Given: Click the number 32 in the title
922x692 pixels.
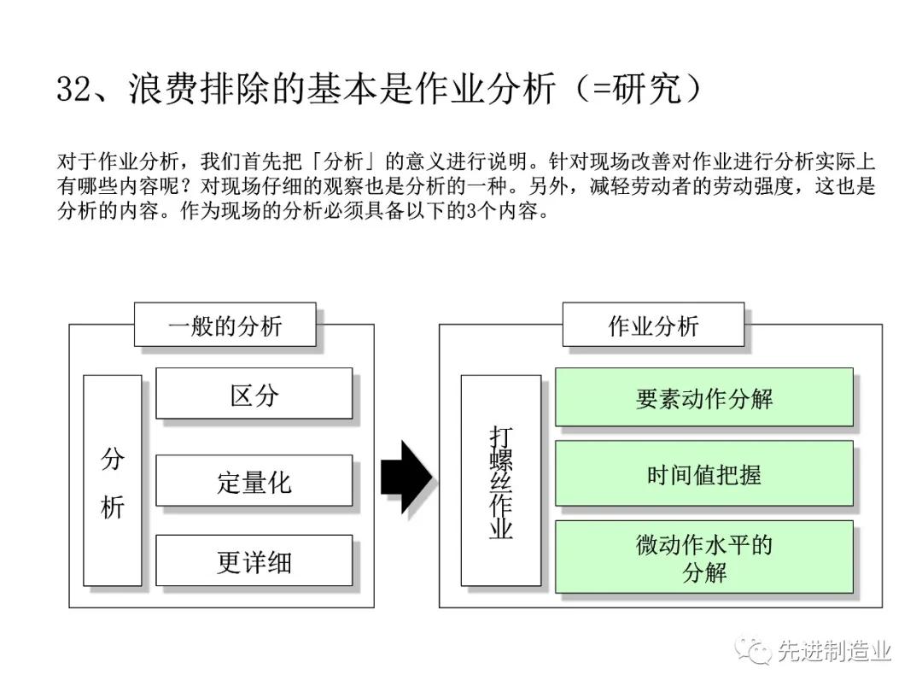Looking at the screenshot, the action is pyautogui.click(x=73, y=89).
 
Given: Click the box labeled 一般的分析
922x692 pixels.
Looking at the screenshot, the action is pyautogui.click(x=225, y=325).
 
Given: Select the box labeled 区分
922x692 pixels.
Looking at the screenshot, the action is pyautogui.click(x=254, y=394).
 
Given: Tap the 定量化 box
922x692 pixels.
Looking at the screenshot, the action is pyautogui.click(x=254, y=480).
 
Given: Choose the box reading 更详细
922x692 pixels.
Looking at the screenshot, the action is pyautogui.click(x=254, y=560).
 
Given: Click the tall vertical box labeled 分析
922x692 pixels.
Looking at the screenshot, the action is pyautogui.click(x=113, y=480).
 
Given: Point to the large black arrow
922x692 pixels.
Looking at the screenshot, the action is pyautogui.click(x=406, y=477).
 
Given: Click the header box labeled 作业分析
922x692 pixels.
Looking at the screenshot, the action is pyautogui.click(x=653, y=325).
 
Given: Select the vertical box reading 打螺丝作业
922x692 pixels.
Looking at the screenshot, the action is pyautogui.click(x=500, y=480).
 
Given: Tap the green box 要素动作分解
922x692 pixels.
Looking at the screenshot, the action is pyautogui.click(x=703, y=397).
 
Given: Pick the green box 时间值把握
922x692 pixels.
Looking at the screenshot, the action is pyautogui.click(x=703, y=473).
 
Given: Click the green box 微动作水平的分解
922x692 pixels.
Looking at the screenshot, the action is pyautogui.click(x=703, y=557).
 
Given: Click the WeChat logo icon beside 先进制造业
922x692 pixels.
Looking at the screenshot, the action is pyautogui.click(x=753, y=651).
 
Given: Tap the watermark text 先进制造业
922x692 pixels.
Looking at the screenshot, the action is pyautogui.click(x=835, y=651).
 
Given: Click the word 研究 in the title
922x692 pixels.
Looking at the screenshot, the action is pyautogui.click(x=647, y=89).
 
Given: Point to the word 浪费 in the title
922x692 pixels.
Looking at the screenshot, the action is pyautogui.click(x=162, y=89).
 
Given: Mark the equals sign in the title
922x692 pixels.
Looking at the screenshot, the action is pyautogui.click(x=601, y=90).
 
